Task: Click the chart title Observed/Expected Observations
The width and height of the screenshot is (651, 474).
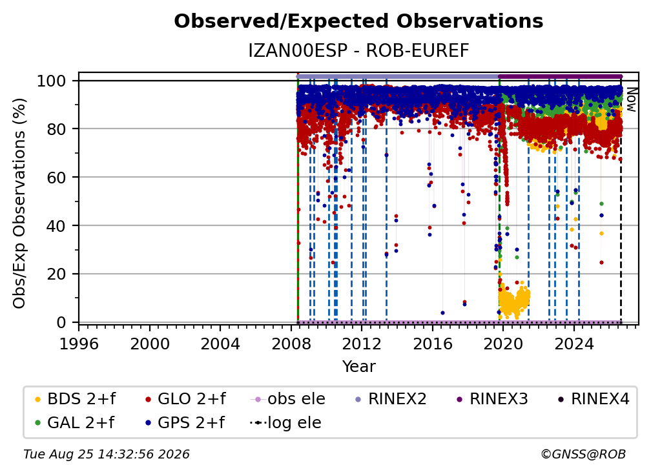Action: click(x=358, y=21)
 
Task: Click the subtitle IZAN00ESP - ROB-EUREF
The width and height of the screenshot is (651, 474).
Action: click(x=358, y=50)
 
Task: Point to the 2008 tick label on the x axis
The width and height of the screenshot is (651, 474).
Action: click(x=291, y=344)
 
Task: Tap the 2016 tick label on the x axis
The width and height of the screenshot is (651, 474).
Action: click(x=433, y=344)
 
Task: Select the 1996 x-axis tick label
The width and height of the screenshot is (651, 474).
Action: click(x=79, y=344)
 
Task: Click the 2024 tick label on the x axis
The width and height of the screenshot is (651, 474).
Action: click(x=574, y=344)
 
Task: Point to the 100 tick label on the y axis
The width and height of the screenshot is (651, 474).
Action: click(x=51, y=81)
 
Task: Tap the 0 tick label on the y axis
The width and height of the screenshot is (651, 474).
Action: click(x=61, y=322)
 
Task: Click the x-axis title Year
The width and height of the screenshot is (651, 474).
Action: click(x=358, y=367)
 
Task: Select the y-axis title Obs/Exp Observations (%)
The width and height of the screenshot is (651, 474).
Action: click(x=19, y=203)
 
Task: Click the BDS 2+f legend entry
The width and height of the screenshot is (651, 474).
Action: click(x=75, y=399)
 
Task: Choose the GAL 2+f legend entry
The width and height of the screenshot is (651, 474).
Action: click(x=74, y=423)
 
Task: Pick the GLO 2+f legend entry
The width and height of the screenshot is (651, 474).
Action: click(x=185, y=399)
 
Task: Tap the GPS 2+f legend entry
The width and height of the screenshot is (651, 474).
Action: click(x=185, y=423)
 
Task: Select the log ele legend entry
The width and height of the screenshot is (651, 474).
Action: click(x=285, y=423)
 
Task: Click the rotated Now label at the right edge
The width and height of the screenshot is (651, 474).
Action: click(x=631, y=99)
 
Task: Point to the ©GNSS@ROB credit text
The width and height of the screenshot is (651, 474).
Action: click(x=583, y=454)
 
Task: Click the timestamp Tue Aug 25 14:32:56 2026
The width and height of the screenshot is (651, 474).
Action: click(x=107, y=454)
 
